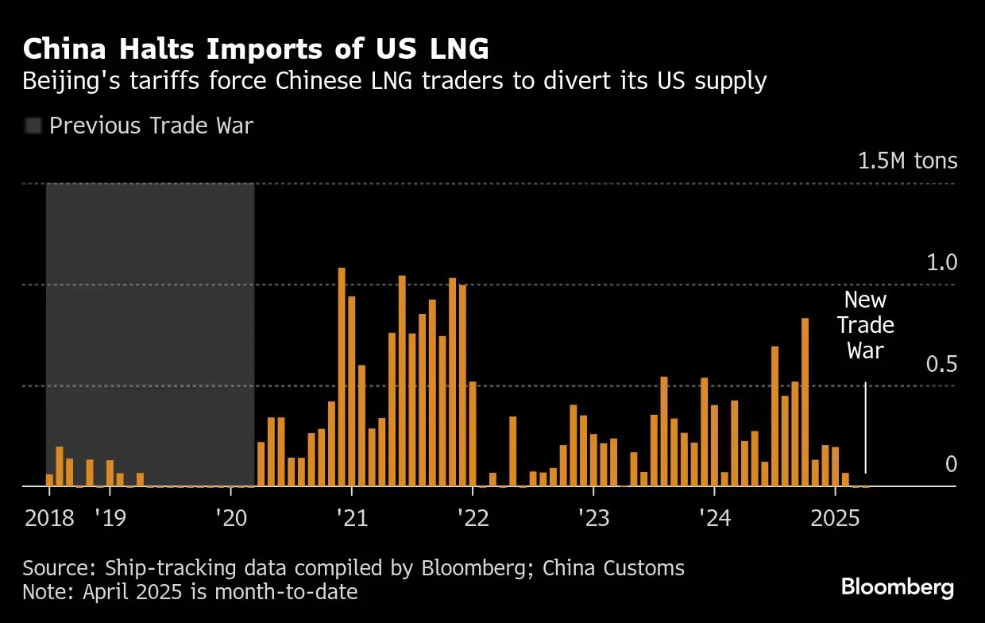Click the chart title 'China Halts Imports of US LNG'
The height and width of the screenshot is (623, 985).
[256, 49]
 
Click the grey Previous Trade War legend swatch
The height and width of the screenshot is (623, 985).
[33, 126]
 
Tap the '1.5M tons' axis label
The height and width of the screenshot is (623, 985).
[907, 161]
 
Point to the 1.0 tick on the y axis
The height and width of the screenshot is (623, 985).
[942, 263]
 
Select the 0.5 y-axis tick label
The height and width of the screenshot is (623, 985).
[942, 365]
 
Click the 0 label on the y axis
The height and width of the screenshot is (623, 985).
[951, 464]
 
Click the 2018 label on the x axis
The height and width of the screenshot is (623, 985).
[49, 519]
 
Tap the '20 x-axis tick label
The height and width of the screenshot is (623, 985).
[230, 519]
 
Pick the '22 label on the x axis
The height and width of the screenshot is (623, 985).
[472, 519]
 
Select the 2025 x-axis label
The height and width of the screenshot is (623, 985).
[836, 519]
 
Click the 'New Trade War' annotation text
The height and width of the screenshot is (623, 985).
[865, 325]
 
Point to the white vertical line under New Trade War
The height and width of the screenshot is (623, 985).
[865, 429]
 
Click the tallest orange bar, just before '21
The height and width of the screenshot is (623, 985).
[342, 377]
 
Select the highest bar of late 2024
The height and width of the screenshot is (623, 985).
[805, 401]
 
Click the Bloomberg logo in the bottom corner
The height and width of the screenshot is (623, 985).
[897, 588]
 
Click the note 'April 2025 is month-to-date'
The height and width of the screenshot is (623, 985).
[191, 592]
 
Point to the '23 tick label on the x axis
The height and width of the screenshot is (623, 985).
[593, 519]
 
